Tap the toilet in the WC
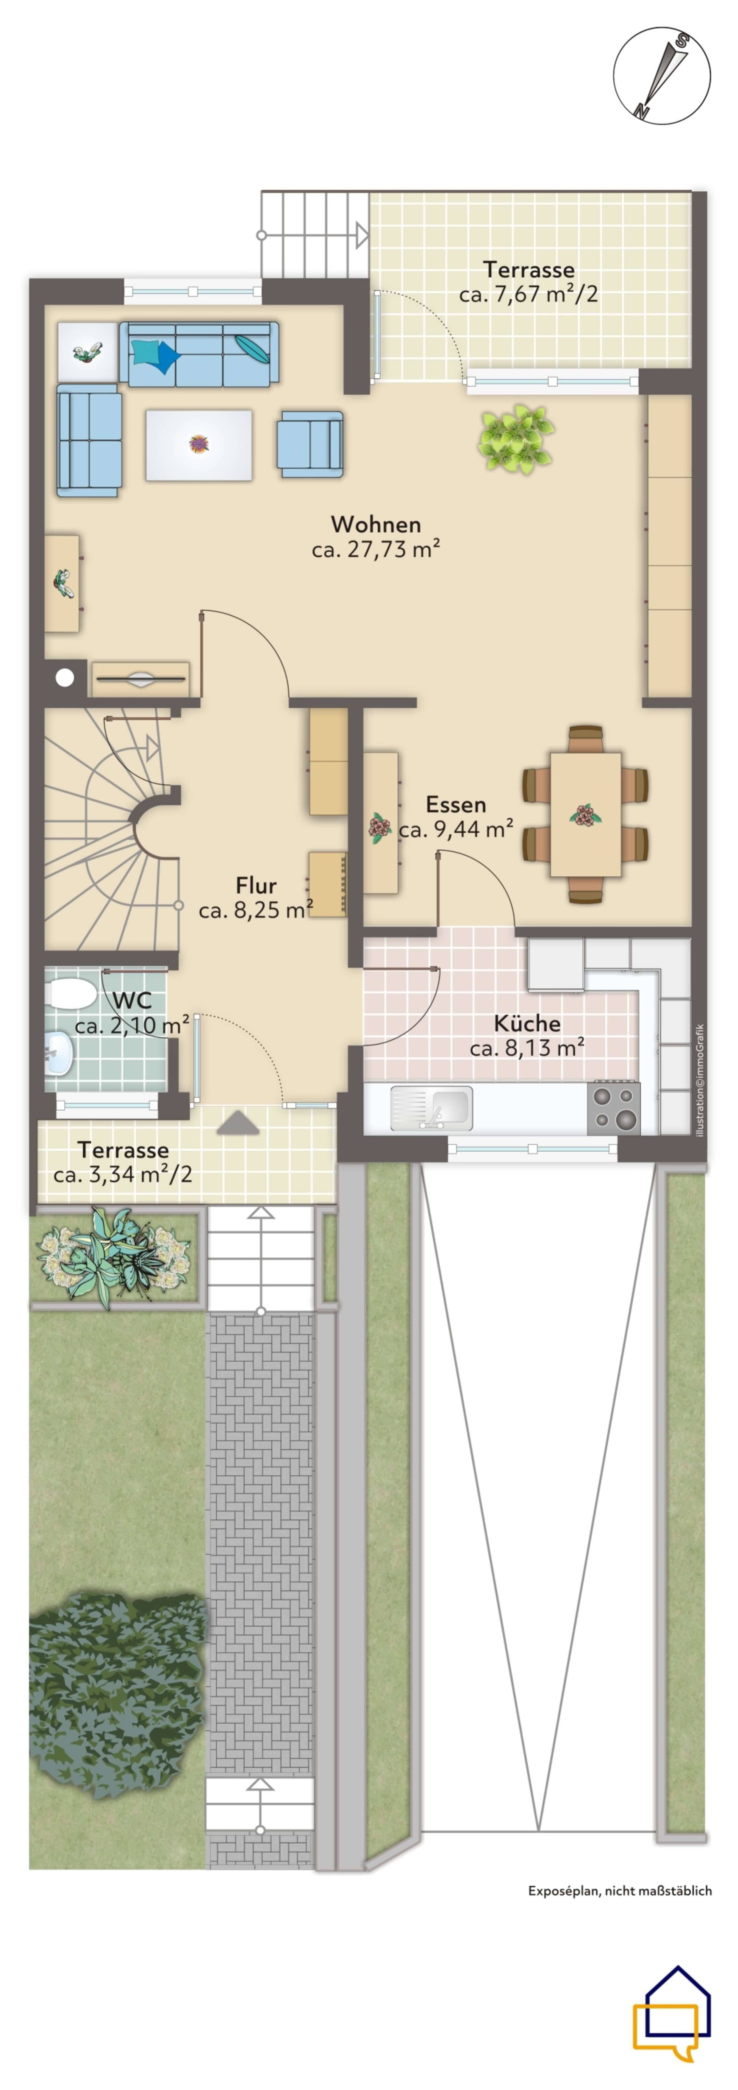coord(71,992)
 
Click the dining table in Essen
coord(586,814)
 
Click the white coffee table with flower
coord(199,445)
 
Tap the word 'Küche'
coord(527,1023)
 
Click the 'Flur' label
coord(256,885)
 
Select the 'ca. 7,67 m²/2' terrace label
coord(529,294)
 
